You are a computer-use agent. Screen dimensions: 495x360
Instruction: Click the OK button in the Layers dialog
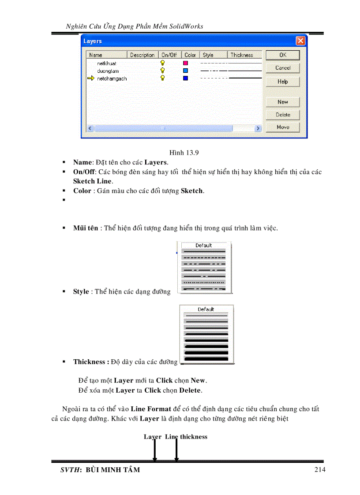[x=282, y=55]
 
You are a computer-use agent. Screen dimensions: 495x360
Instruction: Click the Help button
[x=282, y=82]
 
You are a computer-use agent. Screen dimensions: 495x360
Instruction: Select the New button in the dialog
[x=282, y=102]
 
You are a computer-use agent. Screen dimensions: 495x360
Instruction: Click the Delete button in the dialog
[x=282, y=115]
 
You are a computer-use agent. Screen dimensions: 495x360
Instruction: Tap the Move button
[x=282, y=127]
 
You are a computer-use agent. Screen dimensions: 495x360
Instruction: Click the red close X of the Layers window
[x=300, y=41]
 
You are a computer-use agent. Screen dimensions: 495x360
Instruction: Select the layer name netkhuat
[x=107, y=64]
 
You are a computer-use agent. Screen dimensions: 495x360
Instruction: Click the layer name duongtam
[x=108, y=71]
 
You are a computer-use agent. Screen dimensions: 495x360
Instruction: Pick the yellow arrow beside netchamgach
[x=91, y=78]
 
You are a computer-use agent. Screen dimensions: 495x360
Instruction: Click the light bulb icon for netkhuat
[x=163, y=63]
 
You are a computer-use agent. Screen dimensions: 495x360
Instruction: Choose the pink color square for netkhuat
[x=186, y=63]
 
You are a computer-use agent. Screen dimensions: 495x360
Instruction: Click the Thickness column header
[x=242, y=55]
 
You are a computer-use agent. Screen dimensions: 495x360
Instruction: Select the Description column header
[x=142, y=55]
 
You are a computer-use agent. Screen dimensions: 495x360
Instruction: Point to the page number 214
[x=320, y=469]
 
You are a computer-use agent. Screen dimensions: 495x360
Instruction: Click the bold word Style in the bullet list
[x=81, y=292]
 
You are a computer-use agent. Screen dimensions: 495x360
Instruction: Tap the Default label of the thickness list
[x=206, y=309]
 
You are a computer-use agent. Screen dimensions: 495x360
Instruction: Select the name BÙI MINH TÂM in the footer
[x=112, y=470]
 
